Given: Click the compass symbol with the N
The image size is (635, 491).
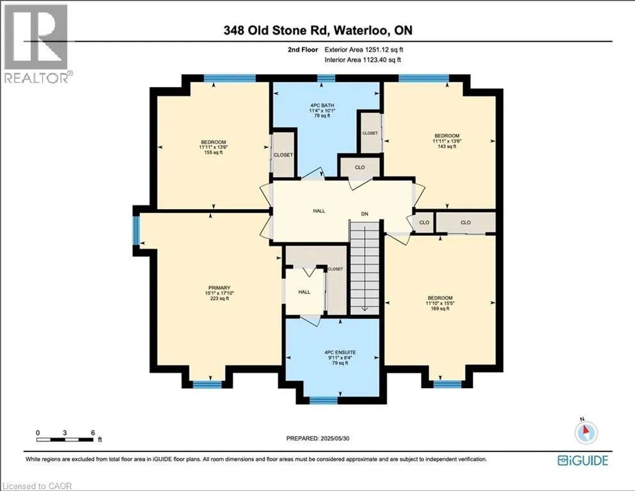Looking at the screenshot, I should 584,433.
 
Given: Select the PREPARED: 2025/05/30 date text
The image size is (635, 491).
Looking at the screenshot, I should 319,438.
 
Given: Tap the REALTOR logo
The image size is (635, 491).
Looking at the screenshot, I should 36,43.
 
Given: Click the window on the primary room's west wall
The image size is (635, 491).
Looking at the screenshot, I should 136,231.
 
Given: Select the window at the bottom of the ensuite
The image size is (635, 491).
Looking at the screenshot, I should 323,400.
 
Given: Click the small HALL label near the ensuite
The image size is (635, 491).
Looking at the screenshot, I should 304,292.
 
